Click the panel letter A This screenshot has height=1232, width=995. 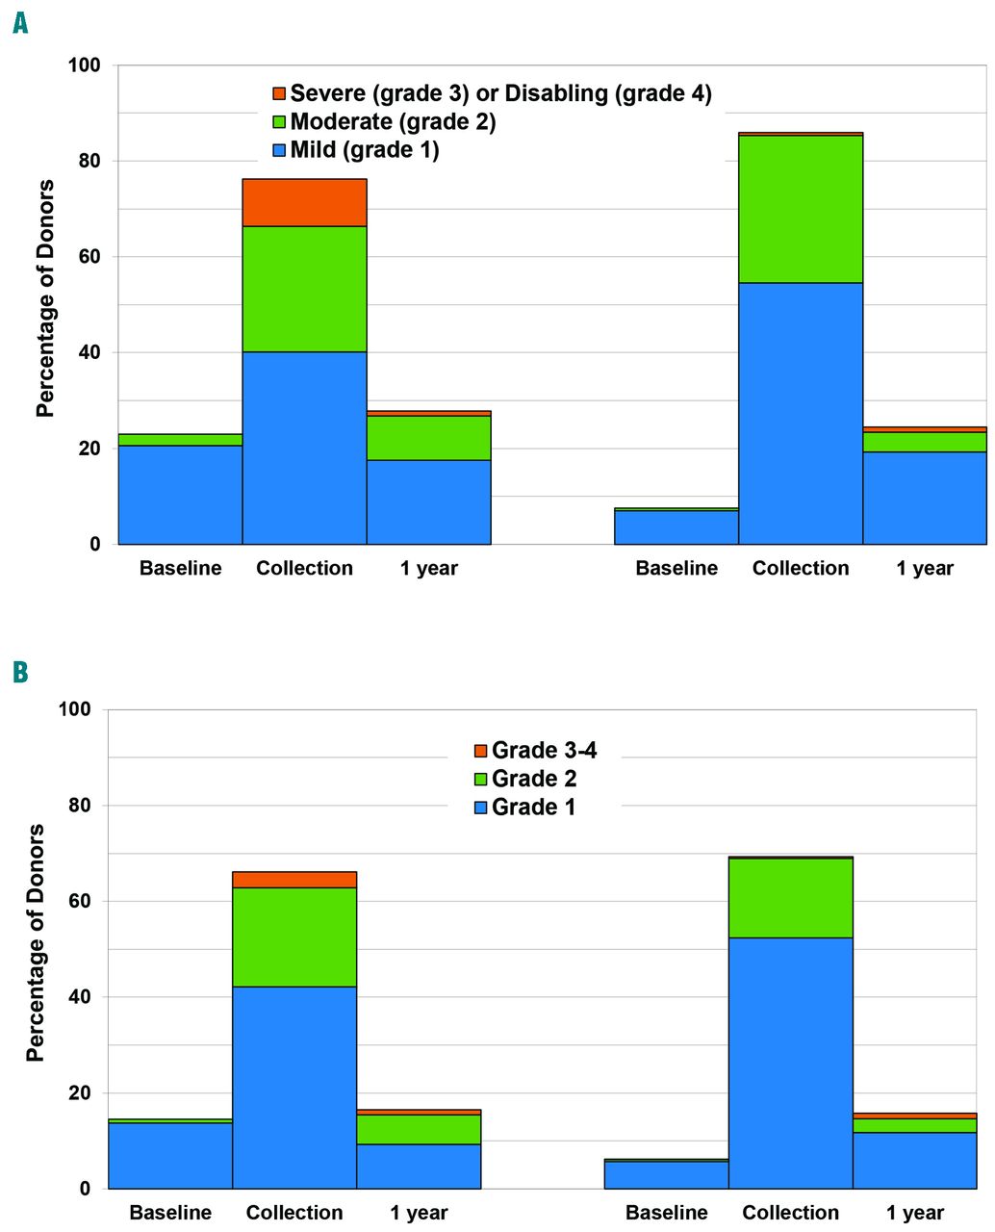20,23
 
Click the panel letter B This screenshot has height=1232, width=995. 20,672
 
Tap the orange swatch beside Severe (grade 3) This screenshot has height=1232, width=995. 279,93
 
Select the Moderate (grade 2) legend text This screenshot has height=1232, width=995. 393,122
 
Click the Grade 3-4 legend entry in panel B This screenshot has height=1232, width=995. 544,750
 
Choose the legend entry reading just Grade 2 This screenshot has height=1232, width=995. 533,779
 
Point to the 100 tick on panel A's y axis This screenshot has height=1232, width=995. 85,65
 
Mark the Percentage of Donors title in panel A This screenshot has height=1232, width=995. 45,298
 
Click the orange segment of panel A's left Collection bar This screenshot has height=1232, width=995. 304,202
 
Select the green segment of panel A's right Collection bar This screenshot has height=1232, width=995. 801,209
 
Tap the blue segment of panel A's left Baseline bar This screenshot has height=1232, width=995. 180,495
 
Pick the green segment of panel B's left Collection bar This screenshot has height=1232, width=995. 294,937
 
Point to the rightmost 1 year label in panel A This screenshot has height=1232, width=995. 925,568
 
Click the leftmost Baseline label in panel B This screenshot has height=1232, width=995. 170,1213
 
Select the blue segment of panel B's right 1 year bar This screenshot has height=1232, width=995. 915,1160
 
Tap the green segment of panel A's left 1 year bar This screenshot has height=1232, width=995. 429,438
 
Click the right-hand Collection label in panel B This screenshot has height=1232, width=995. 791,1213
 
